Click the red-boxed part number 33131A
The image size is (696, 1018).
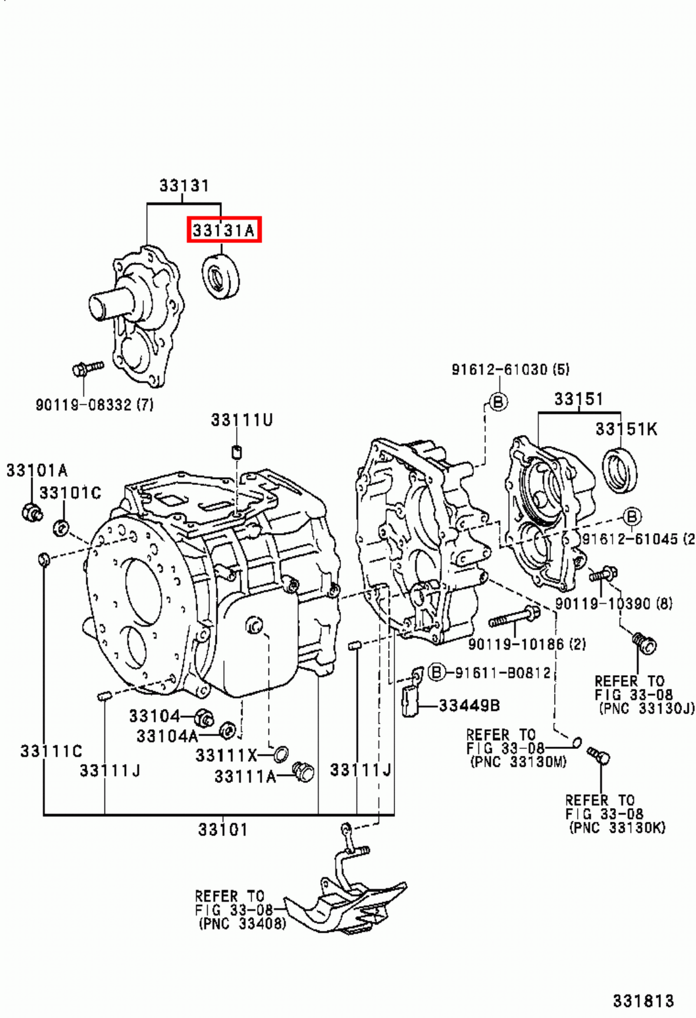click(x=223, y=230)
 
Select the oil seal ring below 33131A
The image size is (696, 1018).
click(x=221, y=277)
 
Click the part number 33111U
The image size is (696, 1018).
click(x=241, y=420)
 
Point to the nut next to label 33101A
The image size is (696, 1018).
click(x=31, y=511)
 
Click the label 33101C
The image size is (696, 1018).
click(x=70, y=492)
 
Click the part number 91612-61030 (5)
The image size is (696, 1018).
click(x=510, y=369)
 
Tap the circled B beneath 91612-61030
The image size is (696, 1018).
click(x=498, y=401)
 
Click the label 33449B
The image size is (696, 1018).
click(x=469, y=705)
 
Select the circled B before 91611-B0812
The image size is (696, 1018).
click(x=436, y=672)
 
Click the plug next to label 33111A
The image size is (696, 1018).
click(x=303, y=772)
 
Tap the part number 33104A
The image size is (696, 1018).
click(x=167, y=736)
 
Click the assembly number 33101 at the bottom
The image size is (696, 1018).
click(x=222, y=830)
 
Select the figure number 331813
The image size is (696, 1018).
click(x=643, y=1001)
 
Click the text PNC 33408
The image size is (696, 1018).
click(x=242, y=923)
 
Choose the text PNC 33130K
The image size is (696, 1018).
click(x=617, y=828)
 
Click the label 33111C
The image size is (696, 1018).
click(x=51, y=751)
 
